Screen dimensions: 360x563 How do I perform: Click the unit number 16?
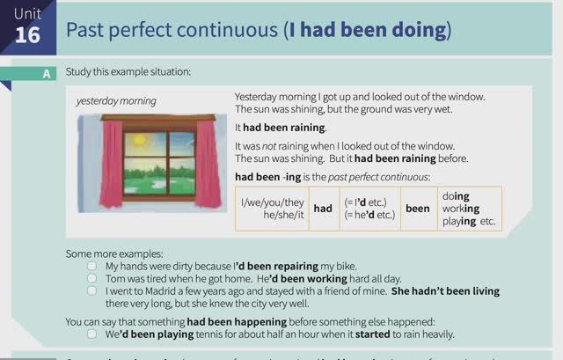click(27, 34)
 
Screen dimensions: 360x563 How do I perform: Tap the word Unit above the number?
click(27, 13)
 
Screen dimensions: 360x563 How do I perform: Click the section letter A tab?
click(47, 73)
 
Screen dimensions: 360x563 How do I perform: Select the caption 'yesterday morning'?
click(116, 101)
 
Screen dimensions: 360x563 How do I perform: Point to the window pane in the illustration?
click(159, 155)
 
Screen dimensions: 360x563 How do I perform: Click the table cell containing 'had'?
click(323, 209)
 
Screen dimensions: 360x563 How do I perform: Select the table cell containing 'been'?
click(417, 209)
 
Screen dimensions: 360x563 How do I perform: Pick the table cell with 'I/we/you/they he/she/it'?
click(272, 209)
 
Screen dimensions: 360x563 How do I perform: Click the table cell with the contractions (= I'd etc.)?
click(369, 209)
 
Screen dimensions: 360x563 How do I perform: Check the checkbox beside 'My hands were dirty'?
click(92, 265)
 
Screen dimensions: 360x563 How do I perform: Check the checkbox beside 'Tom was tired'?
click(92, 277)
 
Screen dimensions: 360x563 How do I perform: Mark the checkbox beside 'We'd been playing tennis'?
click(92, 334)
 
